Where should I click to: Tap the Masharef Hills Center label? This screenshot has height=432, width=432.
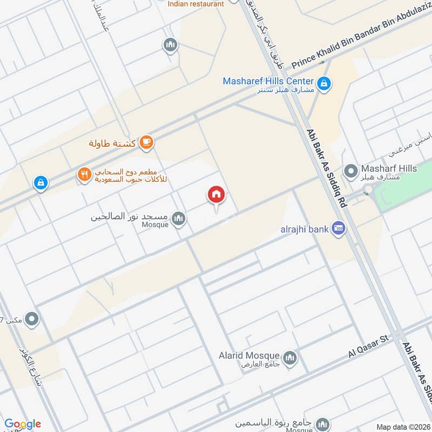click(x=268, y=81)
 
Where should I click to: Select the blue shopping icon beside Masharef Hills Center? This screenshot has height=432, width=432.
click(x=324, y=84)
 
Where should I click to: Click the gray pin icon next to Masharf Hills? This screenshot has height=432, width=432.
click(x=351, y=171)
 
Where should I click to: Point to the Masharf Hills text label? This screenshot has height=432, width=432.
click(x=389, y=169)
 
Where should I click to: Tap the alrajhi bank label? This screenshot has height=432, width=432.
click(x=305, y=230)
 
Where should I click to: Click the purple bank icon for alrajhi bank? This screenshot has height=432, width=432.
click(x=339, y=228)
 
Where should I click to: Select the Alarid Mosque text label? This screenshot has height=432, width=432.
click(x=249, y=355)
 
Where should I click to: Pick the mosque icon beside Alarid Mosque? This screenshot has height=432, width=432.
click(x=290, y=357)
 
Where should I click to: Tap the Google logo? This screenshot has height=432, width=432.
click(x=23, y=424)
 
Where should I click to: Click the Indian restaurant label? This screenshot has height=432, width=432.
click(x=195, y=4)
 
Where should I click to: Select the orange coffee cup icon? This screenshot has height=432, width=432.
click(x=146, y=143)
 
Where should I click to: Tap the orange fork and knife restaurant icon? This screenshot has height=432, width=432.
click(x=84, y=174)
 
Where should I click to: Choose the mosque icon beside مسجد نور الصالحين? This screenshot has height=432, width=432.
click(x=179, y=219)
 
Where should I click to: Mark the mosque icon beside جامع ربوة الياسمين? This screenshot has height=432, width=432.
click(x=322, y=423)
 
